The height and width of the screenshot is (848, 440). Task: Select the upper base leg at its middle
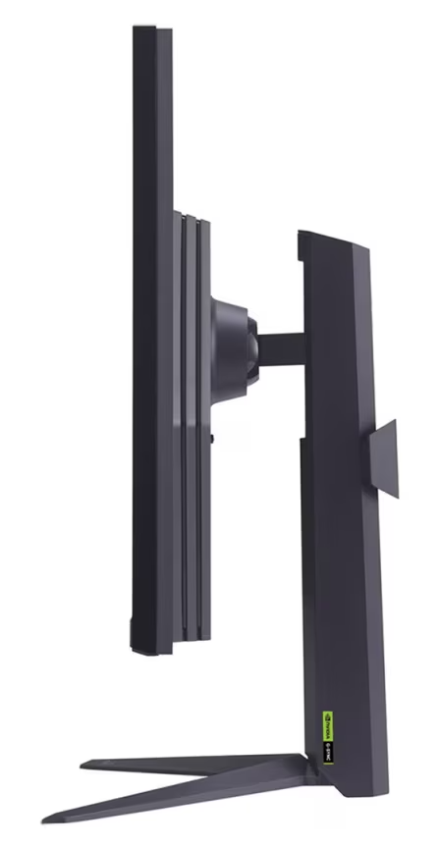coord(196,761)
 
